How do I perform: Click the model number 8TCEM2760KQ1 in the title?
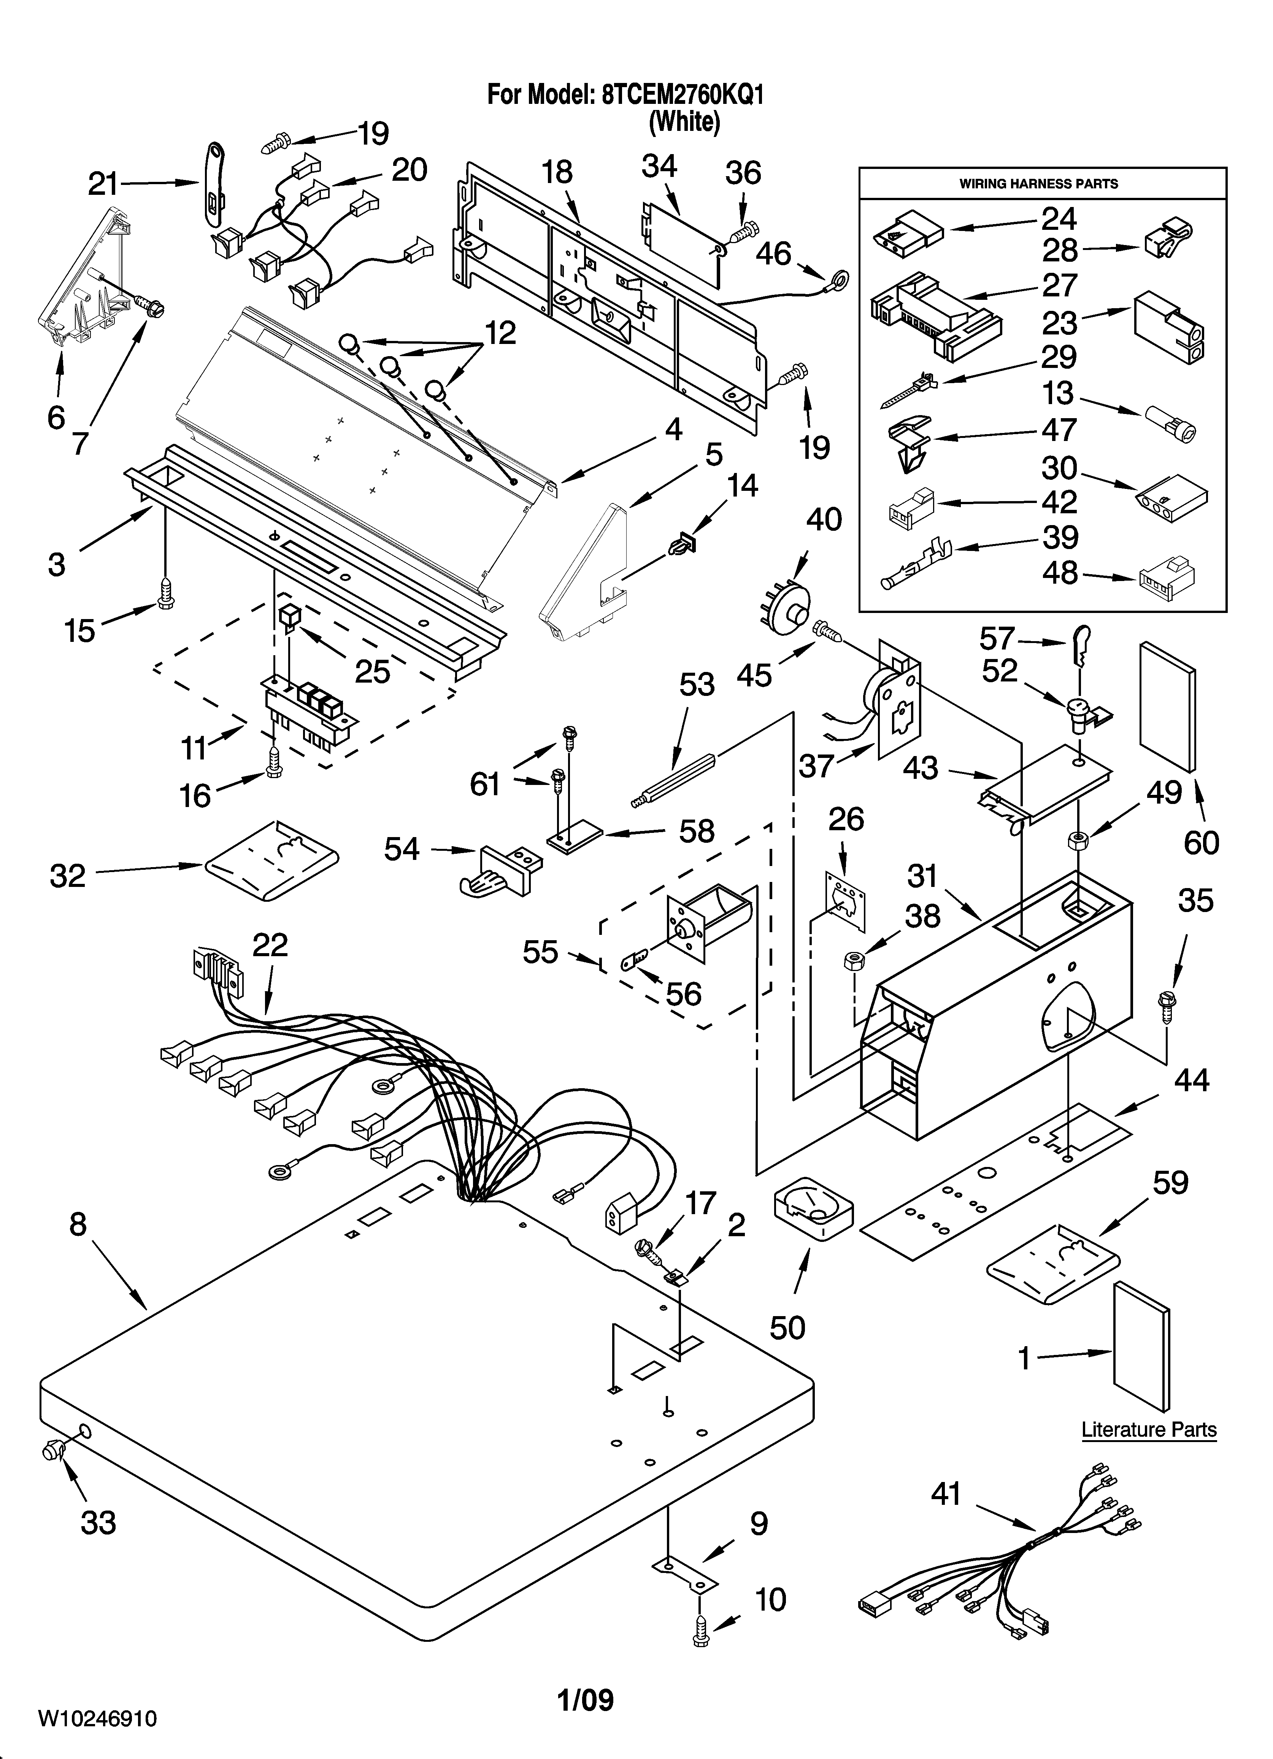(682, 96)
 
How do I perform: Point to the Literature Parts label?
(1148, 1429)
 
